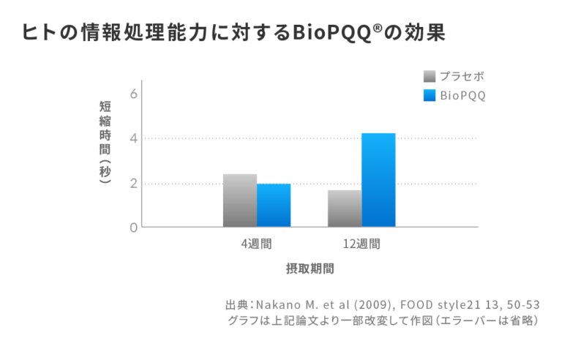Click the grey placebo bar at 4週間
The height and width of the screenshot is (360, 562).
[x=239, y=200]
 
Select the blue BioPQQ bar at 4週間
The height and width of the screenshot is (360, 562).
[x=274, y=205]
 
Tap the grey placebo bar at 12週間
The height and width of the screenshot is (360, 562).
[x=345, y=209]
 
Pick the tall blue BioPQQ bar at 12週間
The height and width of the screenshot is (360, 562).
[x=378, y=180]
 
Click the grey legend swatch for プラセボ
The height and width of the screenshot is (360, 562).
[x=430, y=76]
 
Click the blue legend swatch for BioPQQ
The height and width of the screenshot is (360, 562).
[x=430, y=95]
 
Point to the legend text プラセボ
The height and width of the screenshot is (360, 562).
[x=462, y=76]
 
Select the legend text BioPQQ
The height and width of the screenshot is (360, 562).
[x=462, y=95]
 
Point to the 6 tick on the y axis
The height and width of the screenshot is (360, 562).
[x=133, y=94]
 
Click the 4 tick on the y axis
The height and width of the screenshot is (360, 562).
[x=133, y=138]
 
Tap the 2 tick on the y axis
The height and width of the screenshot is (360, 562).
[x=133, y=183]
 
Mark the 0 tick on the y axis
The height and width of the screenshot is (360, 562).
[x=133, y=228]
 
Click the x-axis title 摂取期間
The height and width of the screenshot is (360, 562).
[x=310, y=269]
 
